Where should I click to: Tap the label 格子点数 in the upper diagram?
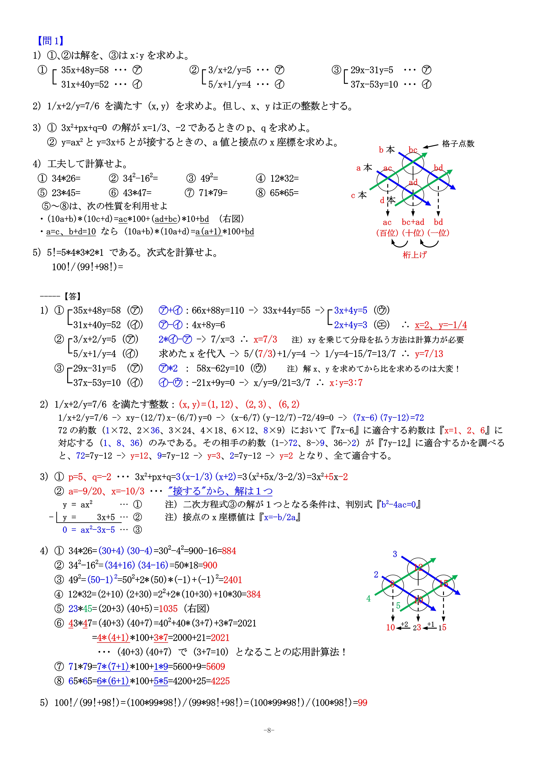[x=458, y=144]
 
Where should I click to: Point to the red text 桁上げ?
[x=414, y=254]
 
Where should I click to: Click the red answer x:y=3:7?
[x=346, y=383]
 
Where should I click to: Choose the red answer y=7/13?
[x=429, y=354]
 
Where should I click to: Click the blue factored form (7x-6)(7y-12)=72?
[x=388, y=417]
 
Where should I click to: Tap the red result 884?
[x=229, y=551]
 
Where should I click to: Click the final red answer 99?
[x=362, y=703]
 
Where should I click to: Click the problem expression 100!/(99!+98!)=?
[x=87, y=267]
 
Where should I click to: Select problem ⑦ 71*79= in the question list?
[x=206, y=193]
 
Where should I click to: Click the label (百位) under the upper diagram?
[x=387, y=233]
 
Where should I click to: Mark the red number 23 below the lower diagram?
[x=417, y=627]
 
